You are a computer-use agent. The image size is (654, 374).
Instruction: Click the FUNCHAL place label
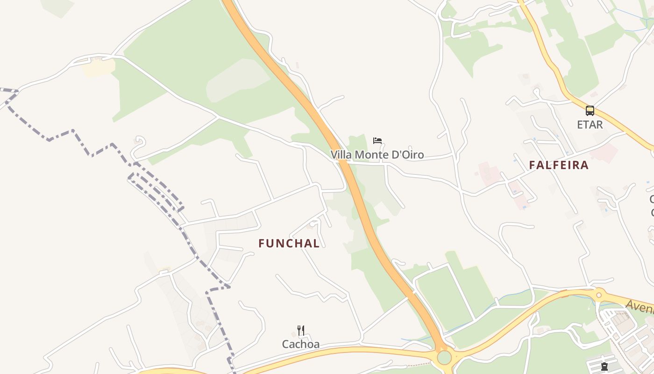click(x=289, y=244)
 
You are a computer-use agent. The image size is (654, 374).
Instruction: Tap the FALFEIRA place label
click(x=559, y=165)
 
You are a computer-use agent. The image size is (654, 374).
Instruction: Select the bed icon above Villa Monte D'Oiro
click(x=377, y=140)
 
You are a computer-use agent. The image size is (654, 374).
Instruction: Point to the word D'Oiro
click(x=408, y=155)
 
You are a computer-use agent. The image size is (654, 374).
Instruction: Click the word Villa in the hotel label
click(x=341, y=155)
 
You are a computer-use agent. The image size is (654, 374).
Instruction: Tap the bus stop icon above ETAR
click(x=590, y=111)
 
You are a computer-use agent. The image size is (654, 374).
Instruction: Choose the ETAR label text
click(x=590, y=125)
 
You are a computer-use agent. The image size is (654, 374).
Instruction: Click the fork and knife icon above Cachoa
click(x=301, y=331)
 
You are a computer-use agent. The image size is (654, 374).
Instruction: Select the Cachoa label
click(x=301, y=345)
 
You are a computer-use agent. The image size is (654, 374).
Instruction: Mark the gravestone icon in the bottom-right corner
click(x=604, y=366)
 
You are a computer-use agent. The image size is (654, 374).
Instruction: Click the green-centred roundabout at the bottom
click(x=444, y=358)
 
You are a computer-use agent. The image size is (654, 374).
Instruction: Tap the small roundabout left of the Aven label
click(x=598, y=295)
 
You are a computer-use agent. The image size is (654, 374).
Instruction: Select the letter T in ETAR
click(x=587, y=125)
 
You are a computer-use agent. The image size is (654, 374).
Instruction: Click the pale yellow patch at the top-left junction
click(x=98, y=67)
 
